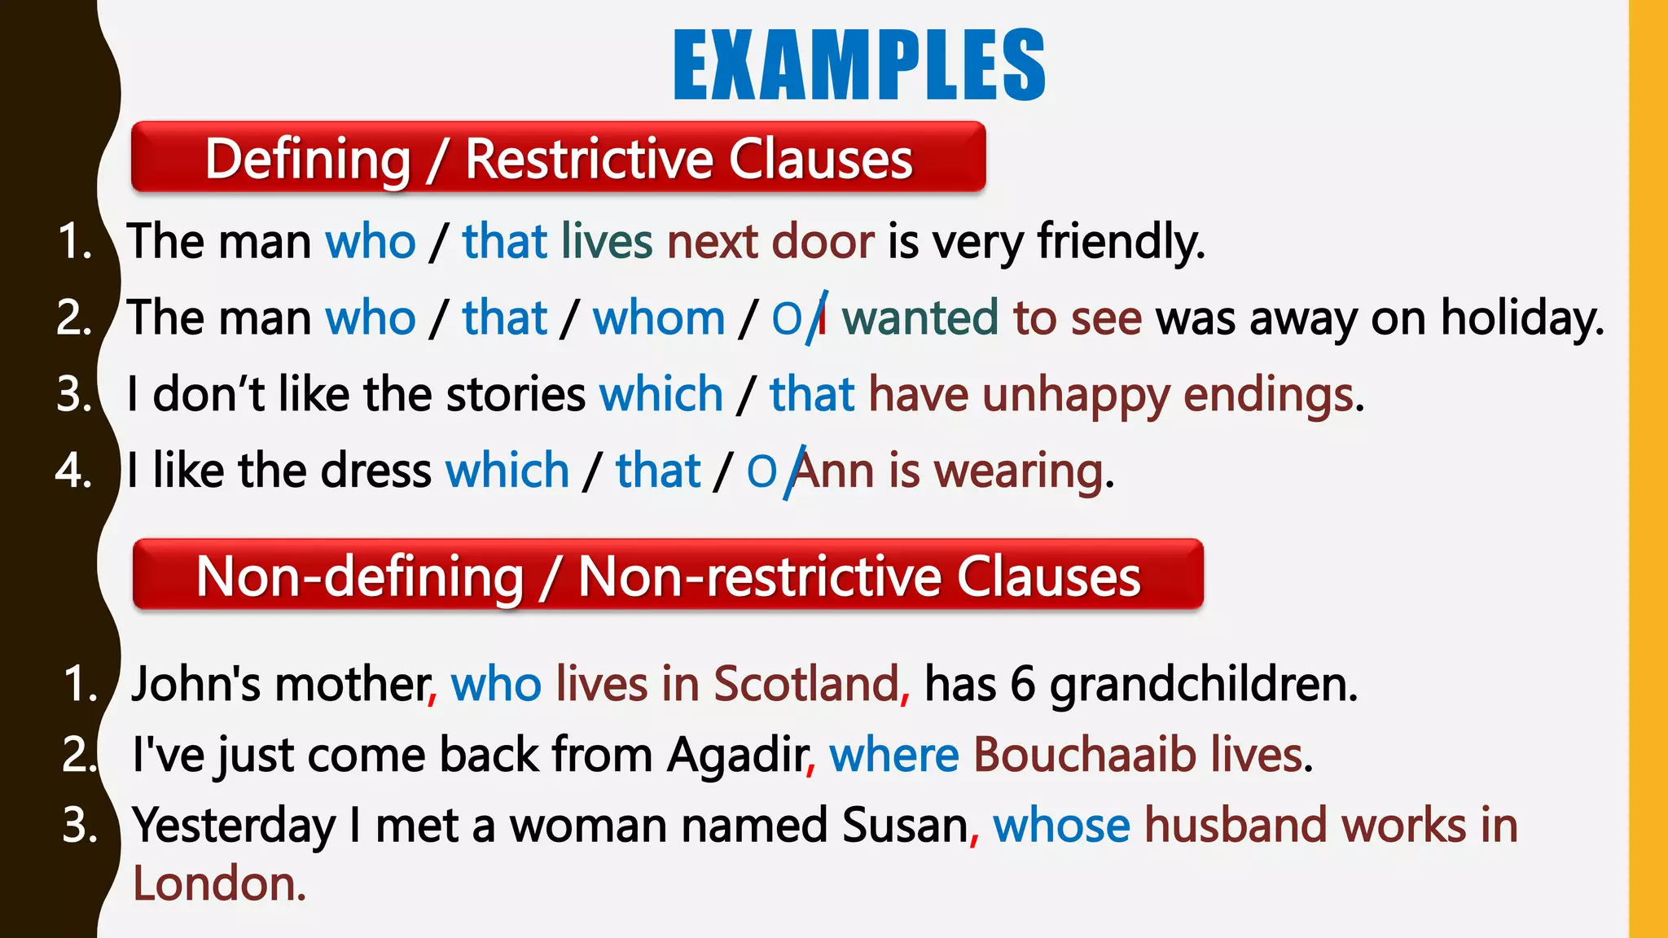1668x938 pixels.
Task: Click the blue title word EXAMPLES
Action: [859, 65]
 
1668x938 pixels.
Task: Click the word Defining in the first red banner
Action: [307, 159]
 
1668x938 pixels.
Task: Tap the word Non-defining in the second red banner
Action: [359, 576]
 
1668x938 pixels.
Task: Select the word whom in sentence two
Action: [658, 318]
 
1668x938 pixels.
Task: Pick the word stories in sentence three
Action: [516, 395]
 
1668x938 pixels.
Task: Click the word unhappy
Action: [1076, 395]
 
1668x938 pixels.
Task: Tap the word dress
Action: [376, 471]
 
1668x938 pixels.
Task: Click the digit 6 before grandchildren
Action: [1022, 683]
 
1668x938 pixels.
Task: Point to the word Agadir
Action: [738, 754]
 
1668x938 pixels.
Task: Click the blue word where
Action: [893, 754]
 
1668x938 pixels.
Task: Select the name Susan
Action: [905, 825]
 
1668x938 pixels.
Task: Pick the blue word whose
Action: [1061, 825]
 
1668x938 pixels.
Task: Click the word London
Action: [218, 884]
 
